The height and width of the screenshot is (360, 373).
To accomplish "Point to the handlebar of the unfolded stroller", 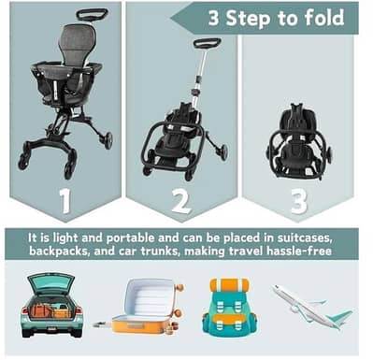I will [x=92, y=14].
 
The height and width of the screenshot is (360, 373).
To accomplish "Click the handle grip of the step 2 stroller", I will [x=207, y=42].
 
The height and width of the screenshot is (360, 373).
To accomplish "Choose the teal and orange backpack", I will [x=229, y=305].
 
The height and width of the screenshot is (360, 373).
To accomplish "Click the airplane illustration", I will [x=313, y=307].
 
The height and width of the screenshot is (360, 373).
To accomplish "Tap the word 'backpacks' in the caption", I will [x=65, y=252].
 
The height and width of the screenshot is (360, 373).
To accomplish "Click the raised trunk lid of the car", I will [x=50, y=281].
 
